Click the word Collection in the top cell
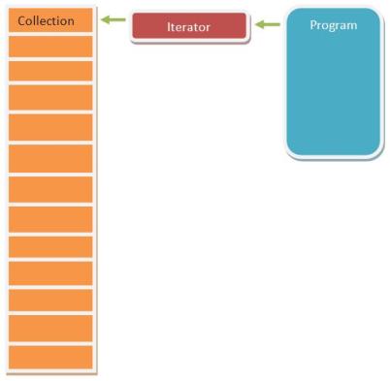pos(46,20)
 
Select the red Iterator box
pos(188,27)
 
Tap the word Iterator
pos(188,27)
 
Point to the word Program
pos(333,25)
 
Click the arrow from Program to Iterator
pos(266,24)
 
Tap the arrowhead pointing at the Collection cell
pos(106,20)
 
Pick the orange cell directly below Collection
pos(50,46)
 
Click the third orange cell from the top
pos(50,71)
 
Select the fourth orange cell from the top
pos(50,97)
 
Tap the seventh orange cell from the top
pos(50,188)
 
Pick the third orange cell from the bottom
pos(50,300)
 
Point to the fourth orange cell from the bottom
pos(50,272)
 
